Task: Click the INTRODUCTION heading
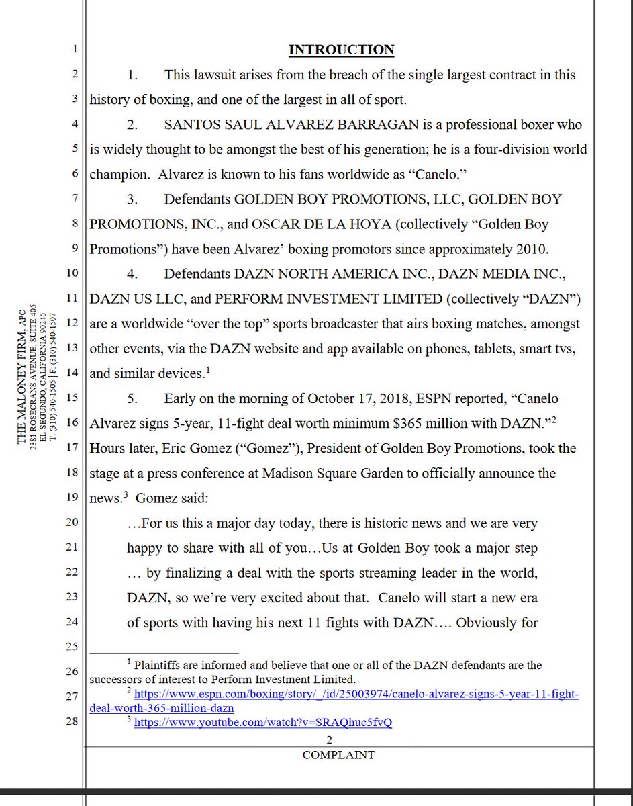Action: (x=341, y=50)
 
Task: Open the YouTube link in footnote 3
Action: (x=263, y=723)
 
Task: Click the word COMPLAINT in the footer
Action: (x=338, y=754)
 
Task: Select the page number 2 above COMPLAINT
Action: (x=330, y=740)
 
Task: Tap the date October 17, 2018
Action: (x=351, y=398)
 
